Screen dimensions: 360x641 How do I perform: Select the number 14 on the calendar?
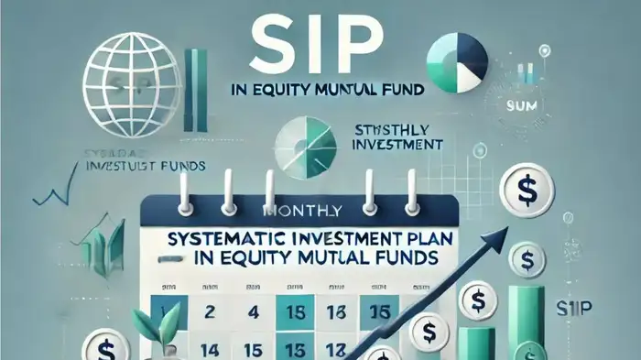click(208, 348)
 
